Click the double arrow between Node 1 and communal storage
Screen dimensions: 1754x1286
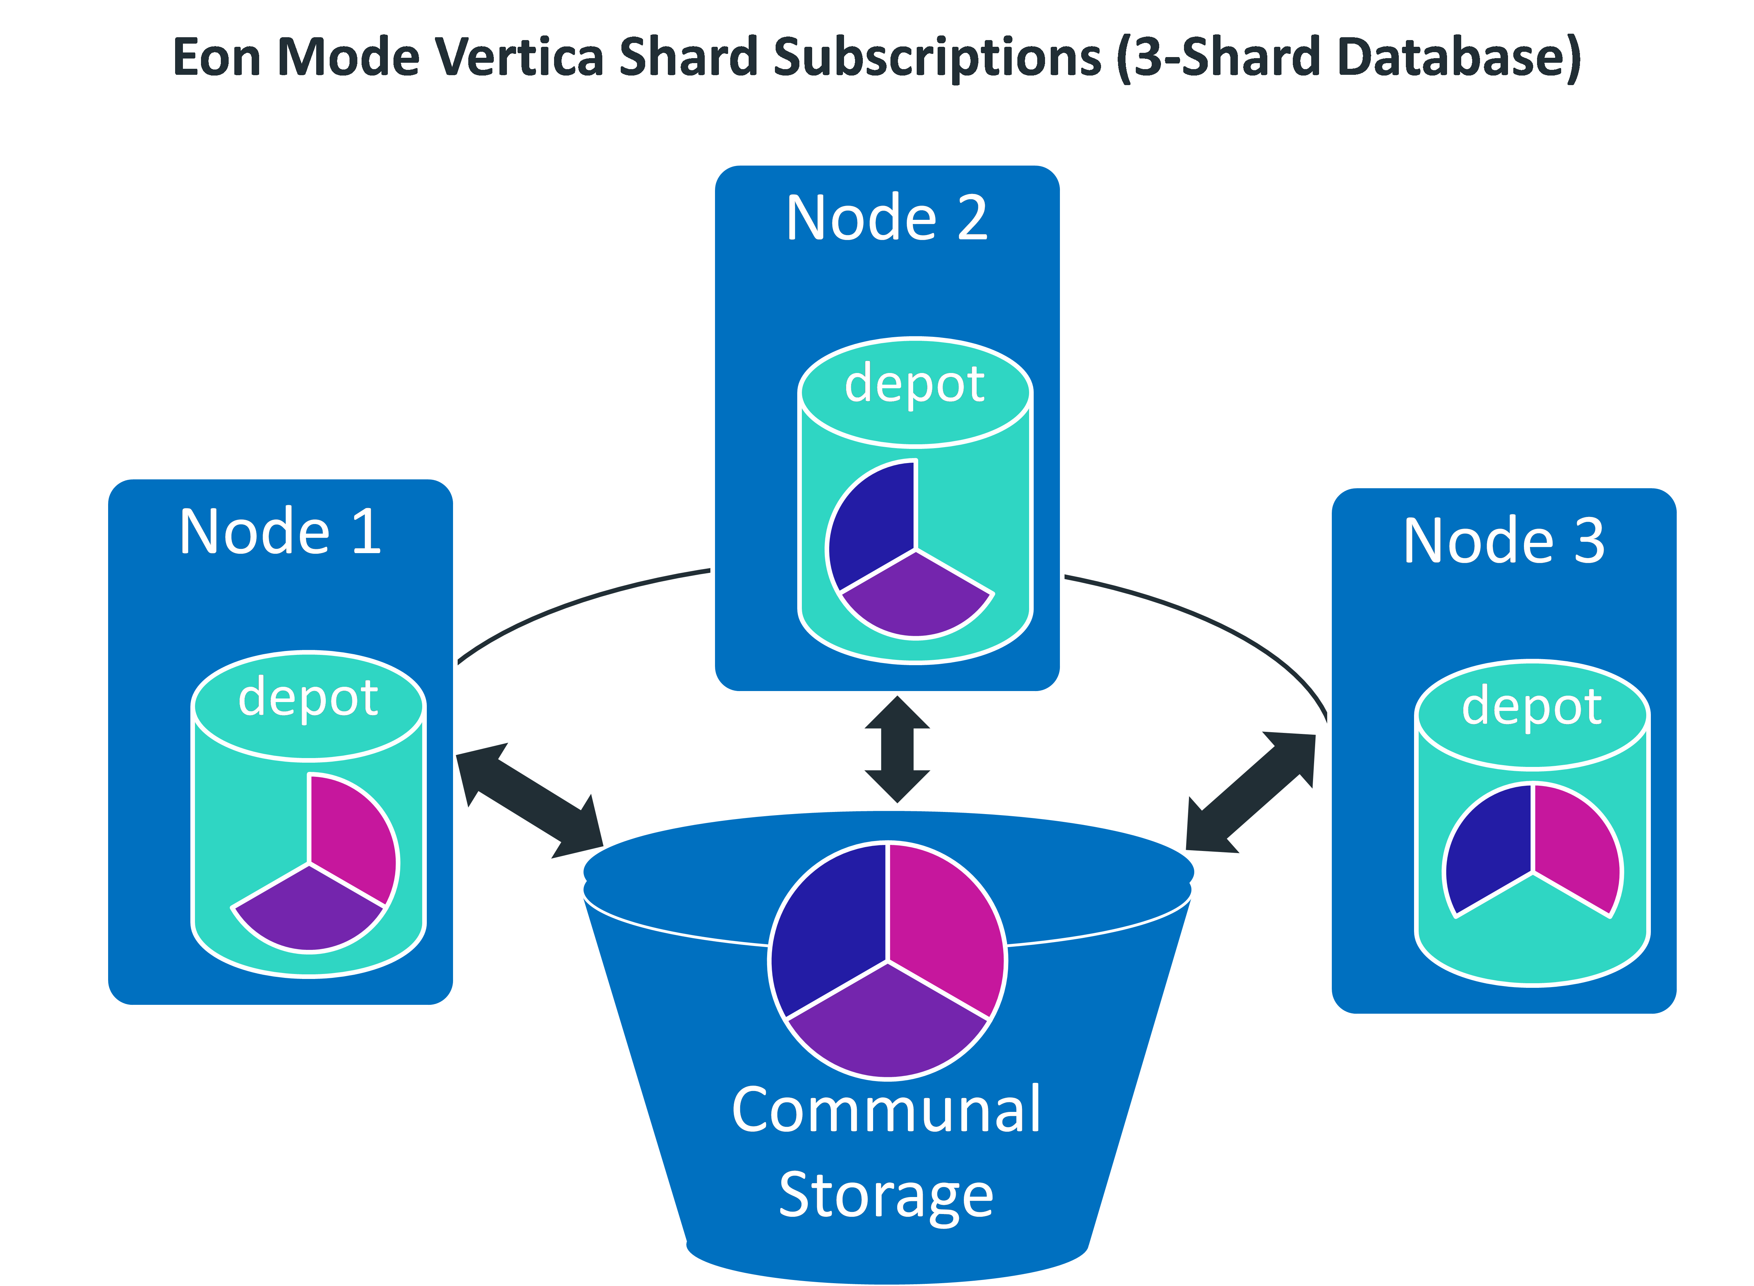tap(529, 800)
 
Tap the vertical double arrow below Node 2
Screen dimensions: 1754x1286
tap(897, 749)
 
